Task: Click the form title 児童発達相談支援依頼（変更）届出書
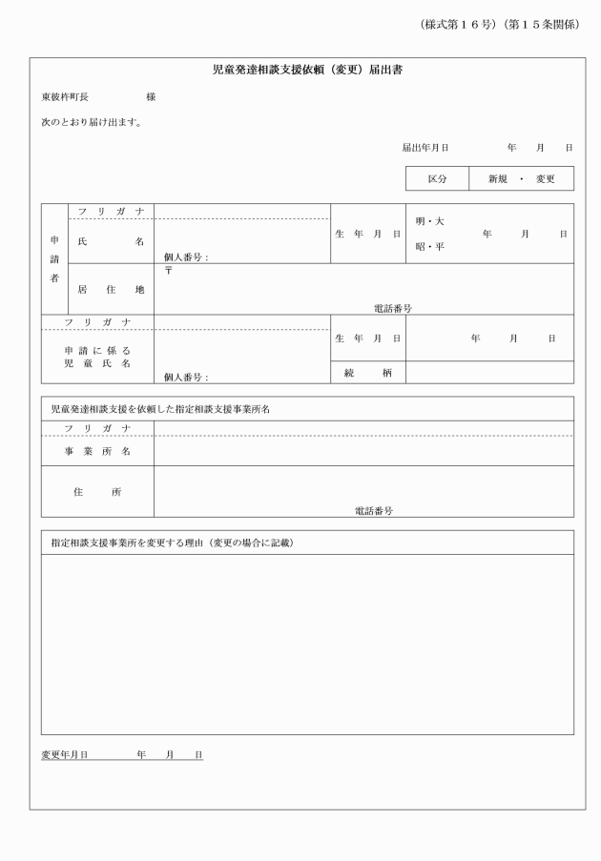(x=306, y=71)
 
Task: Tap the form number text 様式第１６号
(x=457, y=24)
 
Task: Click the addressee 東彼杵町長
(x=65, y=97)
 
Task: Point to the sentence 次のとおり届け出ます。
(x=92, y=122)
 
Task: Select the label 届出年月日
(x=425, y=148)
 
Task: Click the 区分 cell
(x=437, y=178)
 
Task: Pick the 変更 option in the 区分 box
(x=545, y=178)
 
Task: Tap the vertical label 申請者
(x=54, y=258)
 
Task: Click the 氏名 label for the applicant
(x=111, y=242)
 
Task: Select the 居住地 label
(x=111, y=289)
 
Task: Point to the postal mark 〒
(x=168, y=271)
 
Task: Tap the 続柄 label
(x=367, y=373)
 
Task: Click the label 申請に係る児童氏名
(x=97, y=357)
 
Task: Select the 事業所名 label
(x=97, y=450)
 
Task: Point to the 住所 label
(x=97, y=492)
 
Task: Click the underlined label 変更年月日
(x=64, y=754)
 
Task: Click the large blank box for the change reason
(x=306, y=644)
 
